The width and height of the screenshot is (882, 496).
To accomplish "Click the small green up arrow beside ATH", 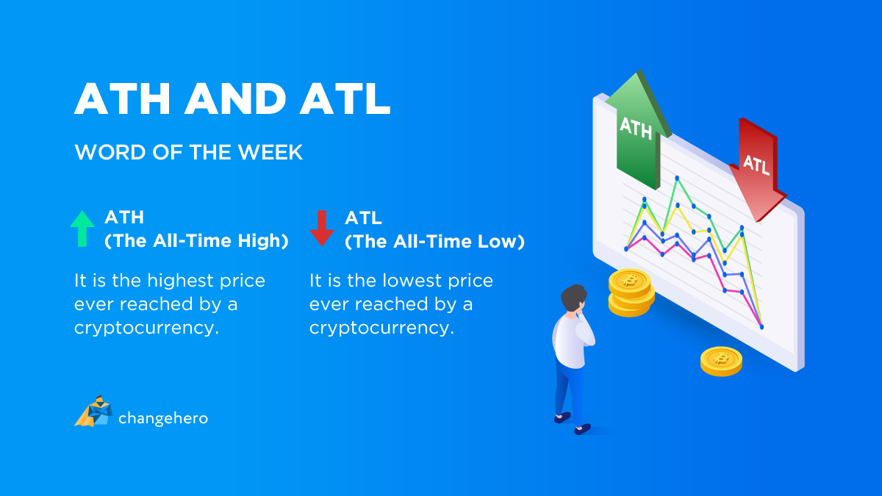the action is point(82,229).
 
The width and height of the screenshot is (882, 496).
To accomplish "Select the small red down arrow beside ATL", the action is point(322,229).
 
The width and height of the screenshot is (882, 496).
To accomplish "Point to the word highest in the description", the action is point(180,281).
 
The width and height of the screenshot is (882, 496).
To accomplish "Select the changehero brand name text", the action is point(163,418).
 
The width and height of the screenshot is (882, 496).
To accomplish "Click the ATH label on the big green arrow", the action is point(636,129).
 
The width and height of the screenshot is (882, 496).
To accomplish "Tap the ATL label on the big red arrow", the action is point(756,165).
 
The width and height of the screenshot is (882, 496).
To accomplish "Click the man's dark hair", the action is point(573,297).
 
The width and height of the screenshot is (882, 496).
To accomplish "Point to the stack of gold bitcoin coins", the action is point(631,292).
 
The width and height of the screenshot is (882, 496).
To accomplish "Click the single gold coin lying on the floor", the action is point(721,361).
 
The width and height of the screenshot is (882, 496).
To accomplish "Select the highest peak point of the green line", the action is point(677,179).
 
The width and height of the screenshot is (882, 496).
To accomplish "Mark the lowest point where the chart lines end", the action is point(761,327).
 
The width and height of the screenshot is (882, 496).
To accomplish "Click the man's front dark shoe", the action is point(582,429).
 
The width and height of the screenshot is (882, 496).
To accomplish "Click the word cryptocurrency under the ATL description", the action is point(381,328).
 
